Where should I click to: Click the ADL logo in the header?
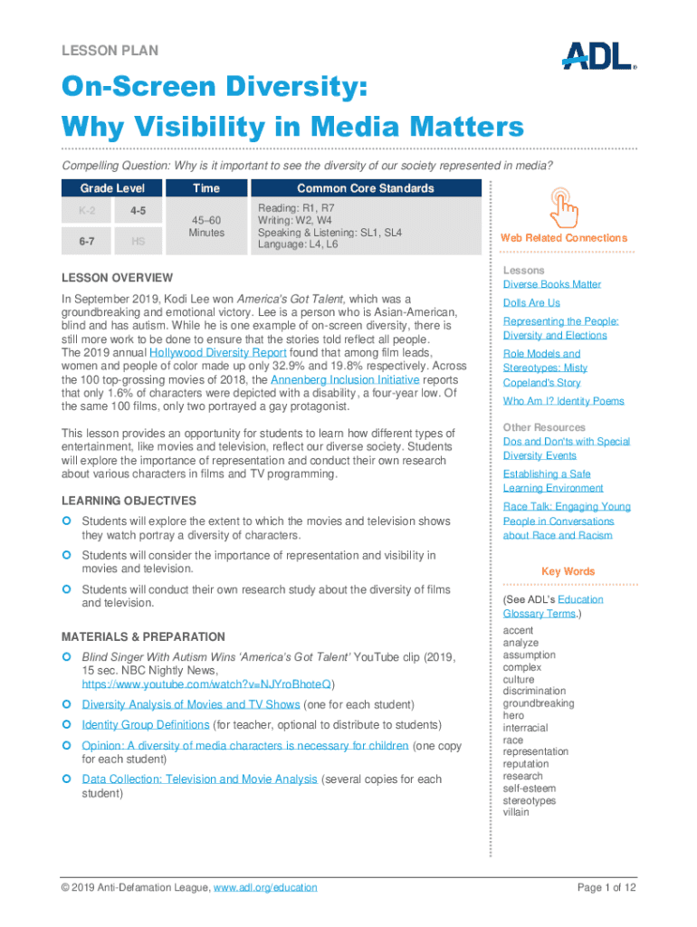(598, 55)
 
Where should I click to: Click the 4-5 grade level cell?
(138, 211)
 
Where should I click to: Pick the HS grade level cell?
(138, 241)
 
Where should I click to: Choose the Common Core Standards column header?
(365, 188)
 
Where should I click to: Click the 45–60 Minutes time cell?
(206, 226)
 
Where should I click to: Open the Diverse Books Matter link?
(551, 284)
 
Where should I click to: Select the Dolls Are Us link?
(531, 302)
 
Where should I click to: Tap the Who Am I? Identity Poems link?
(563, 401)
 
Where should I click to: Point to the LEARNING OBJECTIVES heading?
(128, 501)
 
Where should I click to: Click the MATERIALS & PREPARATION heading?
(142, 636)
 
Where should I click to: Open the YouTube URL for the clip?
(206, 684)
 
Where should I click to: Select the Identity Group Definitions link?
(145, 725)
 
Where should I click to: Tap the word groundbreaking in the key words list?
(539, 703)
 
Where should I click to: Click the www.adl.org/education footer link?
(264, 888)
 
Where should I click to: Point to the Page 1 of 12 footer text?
(606, 888)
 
